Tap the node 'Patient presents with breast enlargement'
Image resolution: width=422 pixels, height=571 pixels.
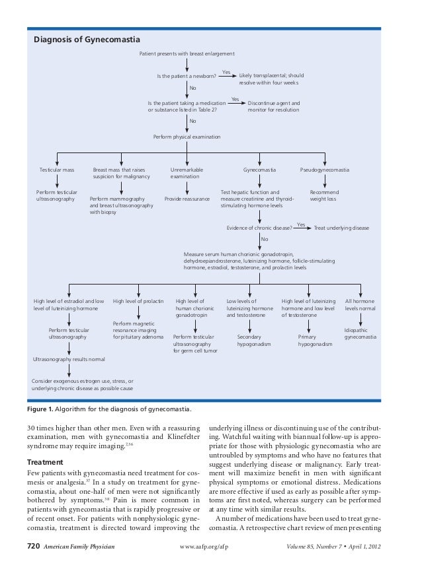tap(187, 53)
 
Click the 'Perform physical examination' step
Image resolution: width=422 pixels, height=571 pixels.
tap(187, 137)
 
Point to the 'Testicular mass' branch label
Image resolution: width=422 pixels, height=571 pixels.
tap(57, 170)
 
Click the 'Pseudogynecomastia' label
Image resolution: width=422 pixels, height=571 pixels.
tap(325, 170)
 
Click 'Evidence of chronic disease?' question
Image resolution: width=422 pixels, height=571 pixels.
tap(260, 228)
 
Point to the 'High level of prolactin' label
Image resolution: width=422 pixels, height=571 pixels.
tap(138, 301)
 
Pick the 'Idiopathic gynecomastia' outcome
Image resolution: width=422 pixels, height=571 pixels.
tap(360, 333)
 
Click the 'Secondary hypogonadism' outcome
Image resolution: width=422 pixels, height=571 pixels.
tap(249, 340)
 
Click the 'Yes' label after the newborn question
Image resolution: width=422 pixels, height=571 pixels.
tap(226, 71)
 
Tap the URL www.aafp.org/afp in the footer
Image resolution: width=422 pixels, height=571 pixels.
tap(210, 547)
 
